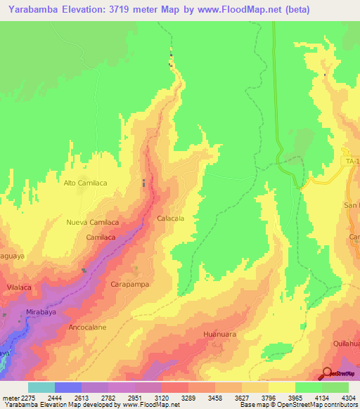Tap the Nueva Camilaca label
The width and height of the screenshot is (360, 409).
[92, 222]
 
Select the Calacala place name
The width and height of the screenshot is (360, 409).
[170, 219]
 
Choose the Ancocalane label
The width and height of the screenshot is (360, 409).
[86, 327]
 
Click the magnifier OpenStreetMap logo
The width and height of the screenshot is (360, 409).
[328, 373]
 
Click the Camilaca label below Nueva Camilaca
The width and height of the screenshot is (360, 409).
[101, 238]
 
